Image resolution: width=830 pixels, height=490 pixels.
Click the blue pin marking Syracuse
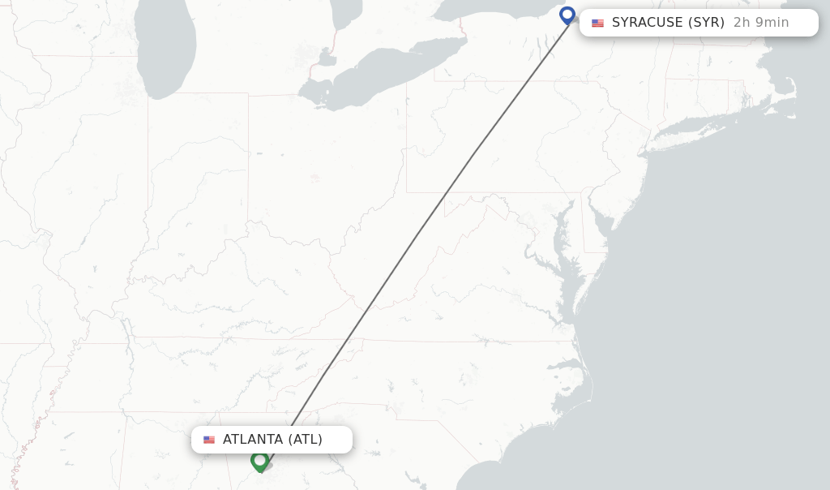567,15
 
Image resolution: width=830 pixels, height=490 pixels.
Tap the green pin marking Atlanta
259,460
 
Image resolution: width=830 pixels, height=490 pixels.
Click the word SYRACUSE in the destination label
648,23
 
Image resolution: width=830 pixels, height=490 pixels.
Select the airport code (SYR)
706,23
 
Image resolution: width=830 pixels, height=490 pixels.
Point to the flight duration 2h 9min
761,23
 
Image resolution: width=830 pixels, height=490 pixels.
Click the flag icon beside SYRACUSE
597,24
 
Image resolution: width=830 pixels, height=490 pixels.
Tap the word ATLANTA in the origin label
252,440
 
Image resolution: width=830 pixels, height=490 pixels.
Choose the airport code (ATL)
305,440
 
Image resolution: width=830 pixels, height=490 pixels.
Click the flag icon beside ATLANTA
209,440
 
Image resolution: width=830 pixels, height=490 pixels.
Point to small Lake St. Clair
327,58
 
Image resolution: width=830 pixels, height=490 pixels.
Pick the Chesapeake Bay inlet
560,243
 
